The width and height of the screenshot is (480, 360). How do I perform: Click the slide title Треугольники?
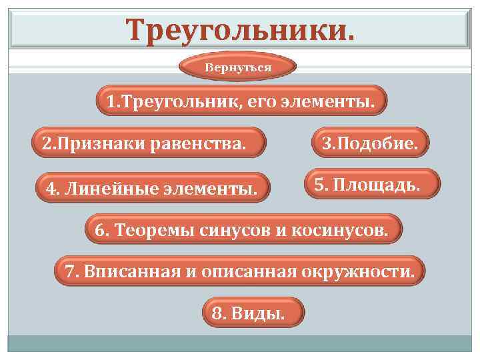tap(240, 29)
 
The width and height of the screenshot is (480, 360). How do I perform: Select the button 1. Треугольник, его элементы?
tap(241, 101)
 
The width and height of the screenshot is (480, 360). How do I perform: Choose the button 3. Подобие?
tap(370, 143)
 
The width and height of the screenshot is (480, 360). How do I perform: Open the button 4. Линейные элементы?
tap(152, 189)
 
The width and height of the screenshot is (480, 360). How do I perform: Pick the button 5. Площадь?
tap(373, 184)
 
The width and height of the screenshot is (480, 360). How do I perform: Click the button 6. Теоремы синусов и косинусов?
tap(245, 230)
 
